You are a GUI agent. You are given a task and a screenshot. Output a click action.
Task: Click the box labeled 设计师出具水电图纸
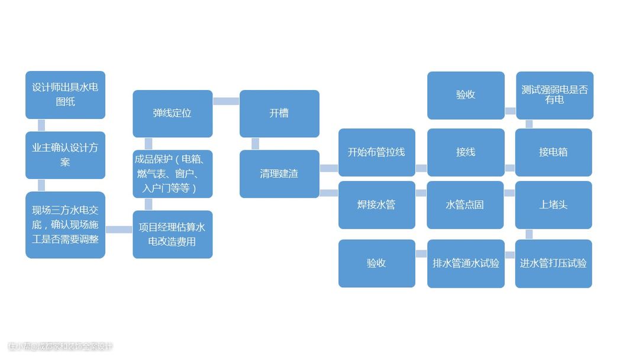click(65, 95)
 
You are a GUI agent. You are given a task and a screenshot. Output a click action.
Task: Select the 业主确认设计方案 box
click(65, 155)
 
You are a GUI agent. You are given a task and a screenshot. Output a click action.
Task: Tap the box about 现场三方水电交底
click(65, 224)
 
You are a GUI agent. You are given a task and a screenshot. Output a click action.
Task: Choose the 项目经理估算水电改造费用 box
click(172, 234)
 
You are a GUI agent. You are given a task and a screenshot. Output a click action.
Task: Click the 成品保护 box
click(172, 173)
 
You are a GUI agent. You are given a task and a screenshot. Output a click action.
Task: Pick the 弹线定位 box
click(172, 113)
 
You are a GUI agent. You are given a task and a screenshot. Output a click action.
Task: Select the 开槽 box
click(279, 113)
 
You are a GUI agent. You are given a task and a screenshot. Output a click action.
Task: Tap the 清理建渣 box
click(279, 173)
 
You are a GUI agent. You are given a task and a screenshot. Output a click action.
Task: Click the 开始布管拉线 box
click(376, 152)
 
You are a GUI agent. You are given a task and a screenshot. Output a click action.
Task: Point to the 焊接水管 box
click(376, 205)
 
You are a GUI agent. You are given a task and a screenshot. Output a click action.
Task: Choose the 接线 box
click(466, 152)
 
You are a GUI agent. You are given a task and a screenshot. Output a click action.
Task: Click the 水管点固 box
click(465, 205)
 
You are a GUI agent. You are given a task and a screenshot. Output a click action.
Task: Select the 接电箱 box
click(553, 152)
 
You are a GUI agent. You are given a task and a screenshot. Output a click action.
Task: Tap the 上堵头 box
click(553, 205)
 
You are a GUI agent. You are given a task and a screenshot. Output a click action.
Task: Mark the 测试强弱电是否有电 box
click(554, 95)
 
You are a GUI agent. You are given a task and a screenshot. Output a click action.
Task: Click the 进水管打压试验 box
click(553, 263)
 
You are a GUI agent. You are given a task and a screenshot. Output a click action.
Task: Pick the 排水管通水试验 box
click(466, 263)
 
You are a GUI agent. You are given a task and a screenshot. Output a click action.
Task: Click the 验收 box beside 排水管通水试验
click(376, 263)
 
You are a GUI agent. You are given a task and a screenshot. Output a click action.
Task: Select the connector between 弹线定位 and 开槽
click(225, 101)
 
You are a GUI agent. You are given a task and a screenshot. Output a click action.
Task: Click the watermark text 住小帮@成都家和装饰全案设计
click(60, 346)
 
